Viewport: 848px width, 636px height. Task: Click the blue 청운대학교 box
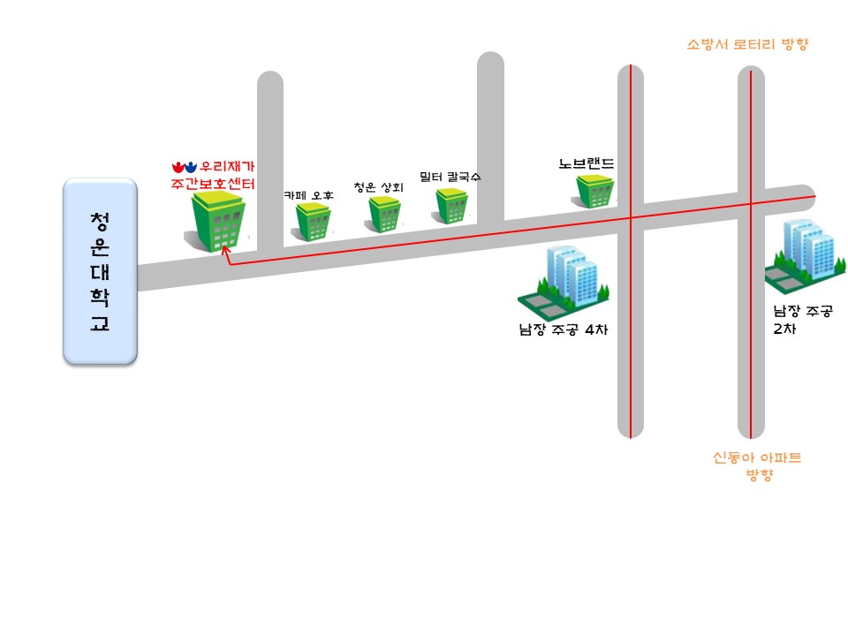(100, 271)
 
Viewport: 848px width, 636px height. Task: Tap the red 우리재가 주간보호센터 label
(213, 175)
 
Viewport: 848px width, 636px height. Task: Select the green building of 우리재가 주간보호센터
(216, 223)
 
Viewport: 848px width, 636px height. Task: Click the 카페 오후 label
(308, 195)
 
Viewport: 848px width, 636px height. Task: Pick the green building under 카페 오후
(313, 223)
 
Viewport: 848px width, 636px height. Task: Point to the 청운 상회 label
(378, 187)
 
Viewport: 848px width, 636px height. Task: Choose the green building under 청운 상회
(385, 215)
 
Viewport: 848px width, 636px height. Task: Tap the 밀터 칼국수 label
(450, 177)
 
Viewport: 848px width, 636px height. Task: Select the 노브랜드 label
(587, 164)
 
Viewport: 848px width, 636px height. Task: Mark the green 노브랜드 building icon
(595, 192)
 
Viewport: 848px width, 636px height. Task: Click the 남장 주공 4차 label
(564, 331)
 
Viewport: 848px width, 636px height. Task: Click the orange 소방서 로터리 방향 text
(747, 44)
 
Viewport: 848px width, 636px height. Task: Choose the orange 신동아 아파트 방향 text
(757, 466)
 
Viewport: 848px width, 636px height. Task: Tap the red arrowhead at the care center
(225, 252)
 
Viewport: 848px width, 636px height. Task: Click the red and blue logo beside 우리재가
(184, 166)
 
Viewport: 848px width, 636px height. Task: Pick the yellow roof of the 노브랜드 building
(595, 180)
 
